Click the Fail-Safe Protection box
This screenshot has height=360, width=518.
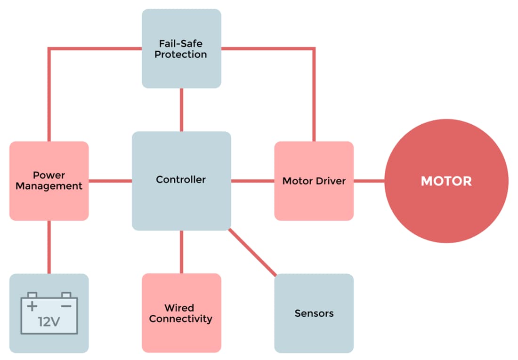(x=181, y=48)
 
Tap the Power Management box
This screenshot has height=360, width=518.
(x=49, y=181)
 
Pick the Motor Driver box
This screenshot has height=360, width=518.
(x=314, y=181)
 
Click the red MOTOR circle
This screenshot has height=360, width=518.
(x=446, y=181)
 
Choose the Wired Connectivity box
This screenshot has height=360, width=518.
(x=181, y=313)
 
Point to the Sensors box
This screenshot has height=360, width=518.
(x=314, y=313)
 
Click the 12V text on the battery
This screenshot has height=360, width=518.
(x=49, y=322)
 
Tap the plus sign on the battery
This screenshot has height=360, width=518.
(x=32, y=306)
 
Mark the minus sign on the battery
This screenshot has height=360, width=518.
(x=66, y=306)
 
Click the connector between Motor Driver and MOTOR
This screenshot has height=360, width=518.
(x=369, y=181)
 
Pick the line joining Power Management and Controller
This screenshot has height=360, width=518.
(x=110, y=181)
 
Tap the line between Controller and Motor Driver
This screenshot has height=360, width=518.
(x=252, y=181)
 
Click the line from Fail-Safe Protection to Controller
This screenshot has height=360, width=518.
(x=181, y=110)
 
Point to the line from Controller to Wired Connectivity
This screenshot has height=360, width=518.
(x=181, y=252)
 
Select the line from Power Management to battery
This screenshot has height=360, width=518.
(x=49, y=247)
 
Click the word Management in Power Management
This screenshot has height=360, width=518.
(x=49, y=186)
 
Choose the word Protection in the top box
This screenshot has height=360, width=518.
(x=181, y=55)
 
